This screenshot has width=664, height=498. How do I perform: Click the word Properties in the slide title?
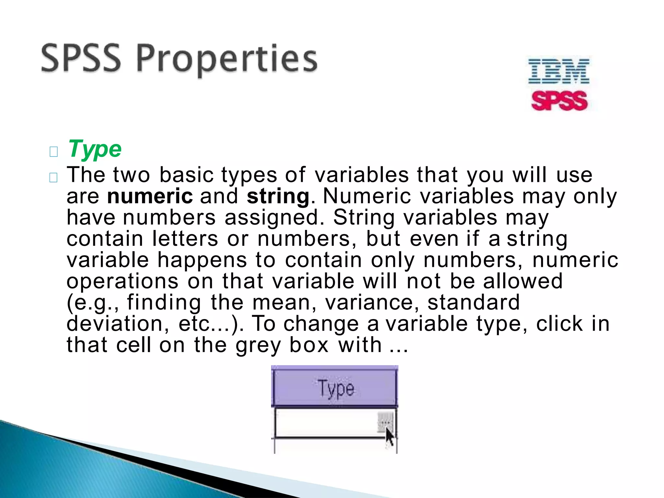tap(226, 60)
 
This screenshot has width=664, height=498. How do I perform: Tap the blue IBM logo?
tap(558, 71)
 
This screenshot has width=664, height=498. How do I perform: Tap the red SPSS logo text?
tap(559, 101)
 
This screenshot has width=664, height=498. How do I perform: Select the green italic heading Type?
tap(95, 149)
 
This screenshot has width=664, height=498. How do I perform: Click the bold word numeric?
tap(150, 196)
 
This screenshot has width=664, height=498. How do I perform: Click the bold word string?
tap(278, 196)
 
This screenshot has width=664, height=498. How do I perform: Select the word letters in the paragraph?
tap(185, 239)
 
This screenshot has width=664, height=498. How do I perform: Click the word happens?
tap(202, 260)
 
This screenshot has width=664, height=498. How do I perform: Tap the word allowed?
tap(523, 281)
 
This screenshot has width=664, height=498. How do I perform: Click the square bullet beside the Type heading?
tap(53, 151)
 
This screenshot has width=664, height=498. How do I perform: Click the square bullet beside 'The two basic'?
tap(53, 177)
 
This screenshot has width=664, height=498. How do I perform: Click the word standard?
tap(473, 302)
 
